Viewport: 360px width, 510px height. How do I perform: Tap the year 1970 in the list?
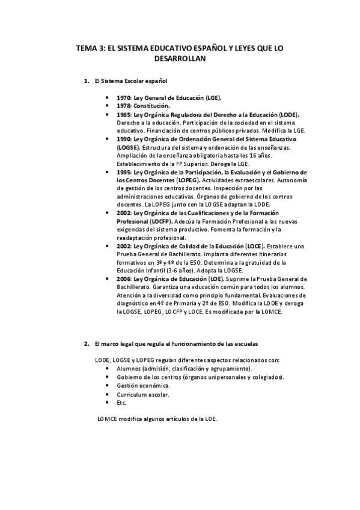point(124,97)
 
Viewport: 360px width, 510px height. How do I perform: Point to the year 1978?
point(124,105)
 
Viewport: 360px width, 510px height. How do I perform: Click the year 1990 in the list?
point(124,139)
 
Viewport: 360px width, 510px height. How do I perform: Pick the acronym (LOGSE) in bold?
point(129,147)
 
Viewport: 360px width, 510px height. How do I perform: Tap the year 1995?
point(124,172)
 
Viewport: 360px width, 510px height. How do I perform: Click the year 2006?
point(124,279)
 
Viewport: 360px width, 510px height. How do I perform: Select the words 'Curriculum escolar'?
point(143,395)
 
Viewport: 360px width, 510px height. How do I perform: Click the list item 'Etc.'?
point(121,403)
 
